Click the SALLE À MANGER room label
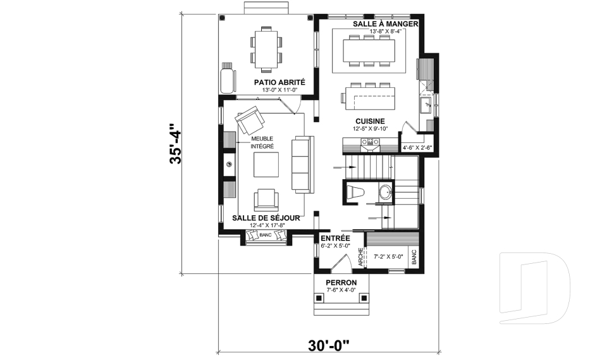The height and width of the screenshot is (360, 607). coord(386,23)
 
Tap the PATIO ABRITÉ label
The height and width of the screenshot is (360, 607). coord(279,82)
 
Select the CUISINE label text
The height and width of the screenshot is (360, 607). coord(371,121)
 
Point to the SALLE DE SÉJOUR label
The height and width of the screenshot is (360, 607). coord(265,217)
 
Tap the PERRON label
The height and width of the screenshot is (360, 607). coord(341,282)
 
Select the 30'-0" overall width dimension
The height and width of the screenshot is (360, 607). coord(329,345)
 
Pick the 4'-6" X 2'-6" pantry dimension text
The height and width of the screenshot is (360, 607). coord(417,148)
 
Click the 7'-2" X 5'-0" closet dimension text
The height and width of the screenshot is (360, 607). coord(389,257)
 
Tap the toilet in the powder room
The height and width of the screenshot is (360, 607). coord(356,192)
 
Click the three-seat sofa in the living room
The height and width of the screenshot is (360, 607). coord(302,164)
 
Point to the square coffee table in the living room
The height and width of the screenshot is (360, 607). coord(266,165)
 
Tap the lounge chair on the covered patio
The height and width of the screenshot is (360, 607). coord(227,78)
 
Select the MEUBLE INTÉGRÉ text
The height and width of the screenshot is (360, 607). coord(262,142)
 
